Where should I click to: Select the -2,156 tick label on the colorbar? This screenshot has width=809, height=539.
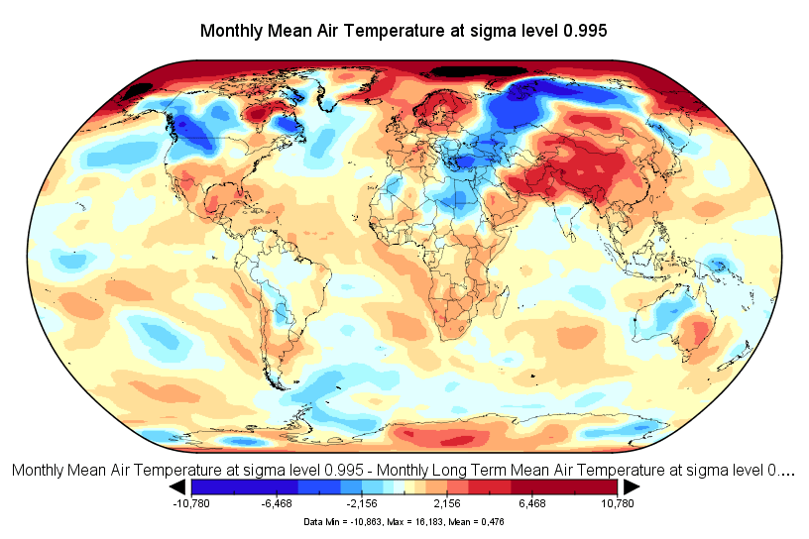pos(362,503)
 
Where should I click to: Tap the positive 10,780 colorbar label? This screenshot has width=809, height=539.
pos(618,503)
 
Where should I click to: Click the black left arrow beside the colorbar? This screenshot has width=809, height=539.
pos(178,486)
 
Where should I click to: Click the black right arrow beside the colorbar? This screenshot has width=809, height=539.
pos(631,486)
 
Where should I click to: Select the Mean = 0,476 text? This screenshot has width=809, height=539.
pos(478,521)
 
